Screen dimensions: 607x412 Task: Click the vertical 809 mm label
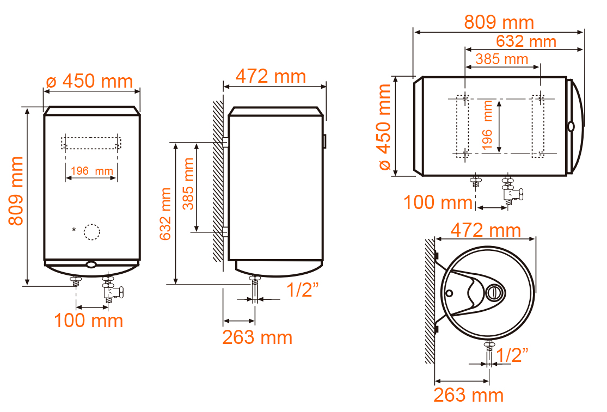(16, 190)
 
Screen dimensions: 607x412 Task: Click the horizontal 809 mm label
(499, 22)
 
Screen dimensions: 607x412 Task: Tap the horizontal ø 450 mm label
(89, 81)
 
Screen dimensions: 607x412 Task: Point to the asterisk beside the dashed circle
(74, 230)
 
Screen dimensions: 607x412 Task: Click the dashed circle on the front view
(92, 232)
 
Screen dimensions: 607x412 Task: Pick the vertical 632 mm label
(165, 214)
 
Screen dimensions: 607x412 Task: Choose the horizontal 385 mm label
(502, 59)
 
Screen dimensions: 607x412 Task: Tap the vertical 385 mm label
(188, 184)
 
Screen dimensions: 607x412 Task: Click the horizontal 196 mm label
(92, 170)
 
